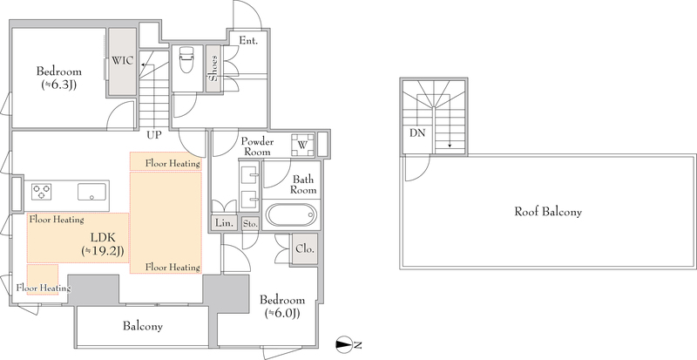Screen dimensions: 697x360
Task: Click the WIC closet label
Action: point(122,61)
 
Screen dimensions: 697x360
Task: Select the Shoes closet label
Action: point(213,68)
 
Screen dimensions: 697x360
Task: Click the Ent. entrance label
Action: point(248,40)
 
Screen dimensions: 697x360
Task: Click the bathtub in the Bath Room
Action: point(291,215)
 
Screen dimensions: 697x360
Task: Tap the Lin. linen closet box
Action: point(225,223)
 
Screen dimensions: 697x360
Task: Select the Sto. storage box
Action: point(250,224)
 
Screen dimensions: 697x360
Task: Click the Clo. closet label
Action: point(305,248)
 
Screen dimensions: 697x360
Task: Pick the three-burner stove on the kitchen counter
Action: point(41,193)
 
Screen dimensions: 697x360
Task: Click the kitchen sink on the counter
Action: point(92,193)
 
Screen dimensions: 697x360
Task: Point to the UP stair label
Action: point(155,134)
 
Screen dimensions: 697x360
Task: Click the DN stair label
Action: point(417,133)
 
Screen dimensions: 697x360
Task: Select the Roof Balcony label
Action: point(548,212)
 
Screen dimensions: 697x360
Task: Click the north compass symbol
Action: point(348,344)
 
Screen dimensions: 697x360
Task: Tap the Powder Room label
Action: point(257,146)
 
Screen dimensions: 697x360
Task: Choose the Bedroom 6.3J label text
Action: point(58,78)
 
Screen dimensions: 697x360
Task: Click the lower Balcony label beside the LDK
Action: point(143,327)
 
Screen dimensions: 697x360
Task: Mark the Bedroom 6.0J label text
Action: point(282,306)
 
